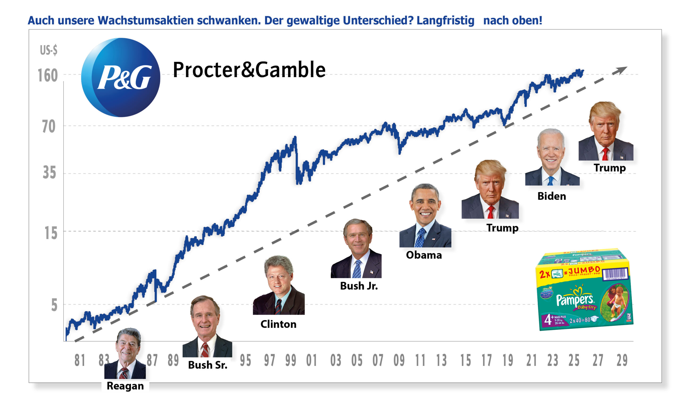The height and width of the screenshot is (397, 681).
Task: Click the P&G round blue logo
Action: (121, 77)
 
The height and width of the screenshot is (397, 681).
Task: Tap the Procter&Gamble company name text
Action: (249, 70)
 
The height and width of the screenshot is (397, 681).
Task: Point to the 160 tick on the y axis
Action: (48, 75)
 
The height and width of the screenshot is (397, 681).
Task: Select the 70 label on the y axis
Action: (49, 126)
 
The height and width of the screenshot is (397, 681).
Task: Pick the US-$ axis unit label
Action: (49, 50)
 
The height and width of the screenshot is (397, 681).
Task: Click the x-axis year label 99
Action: (290, 360)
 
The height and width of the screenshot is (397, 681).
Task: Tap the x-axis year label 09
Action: (399, 360)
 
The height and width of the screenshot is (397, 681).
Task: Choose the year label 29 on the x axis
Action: (622, 360)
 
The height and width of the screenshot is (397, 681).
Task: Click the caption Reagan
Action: (125, 386)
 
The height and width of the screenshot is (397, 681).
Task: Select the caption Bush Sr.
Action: (207, 365)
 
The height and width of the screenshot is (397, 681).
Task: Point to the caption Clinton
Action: (278, 324)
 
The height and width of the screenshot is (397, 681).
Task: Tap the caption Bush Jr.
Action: (359, 286)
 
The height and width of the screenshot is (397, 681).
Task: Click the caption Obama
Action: (424, 255)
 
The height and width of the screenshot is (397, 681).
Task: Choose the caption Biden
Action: (551, 196)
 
